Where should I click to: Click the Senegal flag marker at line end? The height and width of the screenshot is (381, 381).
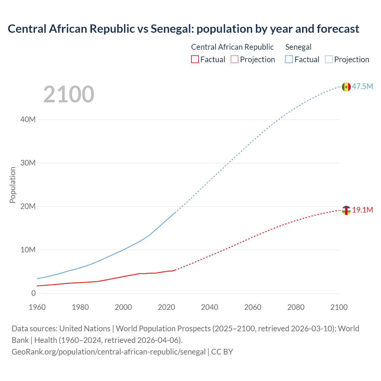346,87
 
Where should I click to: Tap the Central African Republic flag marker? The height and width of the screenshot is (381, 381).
346,210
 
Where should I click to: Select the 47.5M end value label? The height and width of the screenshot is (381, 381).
362,87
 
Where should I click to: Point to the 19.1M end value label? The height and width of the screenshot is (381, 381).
363,210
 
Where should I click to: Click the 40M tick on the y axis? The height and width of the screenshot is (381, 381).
28,120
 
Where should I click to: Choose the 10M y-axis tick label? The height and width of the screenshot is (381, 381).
28,250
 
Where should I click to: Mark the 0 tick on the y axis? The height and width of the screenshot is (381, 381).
33,293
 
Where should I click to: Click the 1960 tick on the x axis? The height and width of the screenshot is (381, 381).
37,307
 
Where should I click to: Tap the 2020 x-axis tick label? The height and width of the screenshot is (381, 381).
166,307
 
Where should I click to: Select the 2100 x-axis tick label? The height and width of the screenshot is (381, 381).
339,307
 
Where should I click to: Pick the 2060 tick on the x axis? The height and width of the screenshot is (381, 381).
253,307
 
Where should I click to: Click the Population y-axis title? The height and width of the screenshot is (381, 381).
13,185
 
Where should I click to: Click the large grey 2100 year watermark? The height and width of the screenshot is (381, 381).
69,94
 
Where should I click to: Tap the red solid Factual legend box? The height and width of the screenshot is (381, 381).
195,60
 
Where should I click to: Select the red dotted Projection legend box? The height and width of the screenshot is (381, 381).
235,60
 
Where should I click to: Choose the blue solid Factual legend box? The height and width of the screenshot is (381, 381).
289,60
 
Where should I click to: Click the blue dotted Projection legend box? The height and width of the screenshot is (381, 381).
329,60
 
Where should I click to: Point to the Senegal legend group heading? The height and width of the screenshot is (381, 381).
298,47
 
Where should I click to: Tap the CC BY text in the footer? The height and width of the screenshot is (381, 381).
222,352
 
